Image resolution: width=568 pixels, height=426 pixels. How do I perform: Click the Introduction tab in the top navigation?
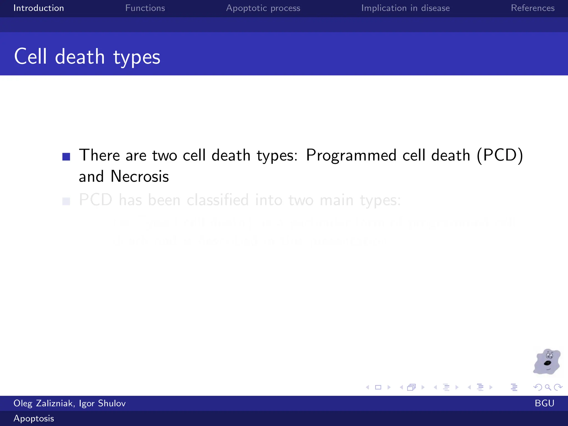[x=39, y=8]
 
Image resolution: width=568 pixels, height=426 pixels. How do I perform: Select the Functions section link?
[x=145, y=8]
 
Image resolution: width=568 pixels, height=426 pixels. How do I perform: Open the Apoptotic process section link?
[x=263, y=8]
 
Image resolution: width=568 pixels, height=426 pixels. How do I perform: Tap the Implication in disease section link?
[x=405, y=8]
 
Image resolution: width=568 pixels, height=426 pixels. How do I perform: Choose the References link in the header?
[x=532, y=8]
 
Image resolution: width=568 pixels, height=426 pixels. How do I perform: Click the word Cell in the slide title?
[x=31, y=57]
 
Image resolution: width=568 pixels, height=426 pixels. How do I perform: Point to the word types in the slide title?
[x=137, y=57]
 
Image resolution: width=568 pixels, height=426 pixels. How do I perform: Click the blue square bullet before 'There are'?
[x=66, y=157]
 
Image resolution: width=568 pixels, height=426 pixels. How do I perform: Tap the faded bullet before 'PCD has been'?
[x=66, y=201]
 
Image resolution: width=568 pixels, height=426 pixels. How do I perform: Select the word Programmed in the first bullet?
[x=351, y=155]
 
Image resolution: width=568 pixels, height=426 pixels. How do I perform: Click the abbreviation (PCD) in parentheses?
[x=500, y=155]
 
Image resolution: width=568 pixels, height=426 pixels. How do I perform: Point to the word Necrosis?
[x=140, y=176]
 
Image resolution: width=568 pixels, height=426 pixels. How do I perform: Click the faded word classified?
[x=217, y=200]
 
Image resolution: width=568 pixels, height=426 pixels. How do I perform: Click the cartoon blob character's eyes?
[x=549, y=355]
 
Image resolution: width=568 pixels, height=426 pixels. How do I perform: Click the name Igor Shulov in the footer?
[x=102, y=403]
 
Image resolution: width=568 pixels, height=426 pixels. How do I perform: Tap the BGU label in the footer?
[x=544, y=403]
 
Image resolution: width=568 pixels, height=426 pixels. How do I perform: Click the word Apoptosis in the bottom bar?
[x=34, y=418]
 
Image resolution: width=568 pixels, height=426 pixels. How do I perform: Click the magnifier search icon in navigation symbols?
[x=548, y=387]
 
